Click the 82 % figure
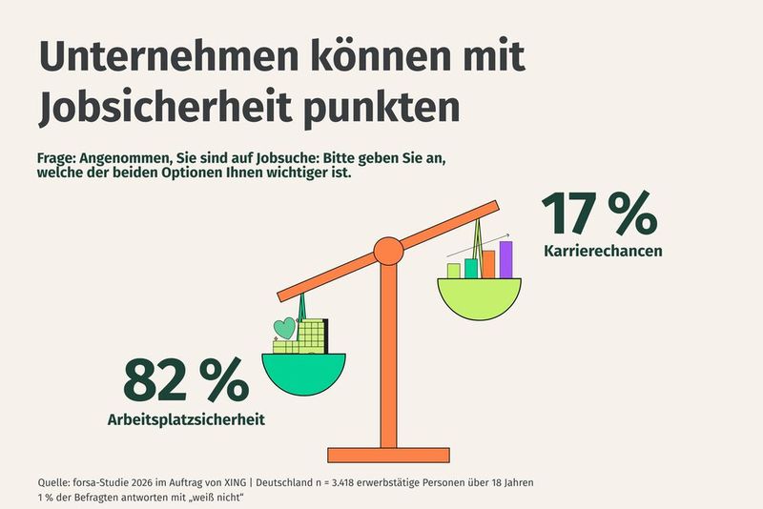(x=185, y=381)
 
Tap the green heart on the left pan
(x=284, y=329)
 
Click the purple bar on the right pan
(x=505, y=259)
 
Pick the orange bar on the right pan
(x=488, y=264)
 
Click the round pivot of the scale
(x=388, y=252)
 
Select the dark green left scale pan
(x=302, y=373)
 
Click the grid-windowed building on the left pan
(x=312, y=336)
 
